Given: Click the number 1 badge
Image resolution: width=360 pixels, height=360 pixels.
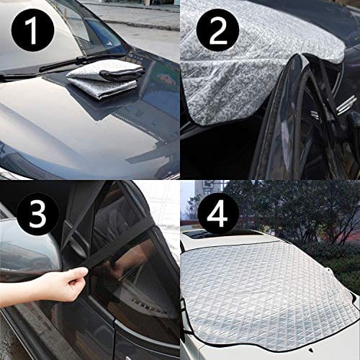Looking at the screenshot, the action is [x=32, y=30].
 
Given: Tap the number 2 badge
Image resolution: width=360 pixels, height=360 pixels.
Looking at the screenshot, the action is [x=217, y=30].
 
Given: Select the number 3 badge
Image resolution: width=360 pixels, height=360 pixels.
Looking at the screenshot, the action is [x=37, y=214].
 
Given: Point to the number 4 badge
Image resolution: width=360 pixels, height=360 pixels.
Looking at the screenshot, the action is [x=217, y=214].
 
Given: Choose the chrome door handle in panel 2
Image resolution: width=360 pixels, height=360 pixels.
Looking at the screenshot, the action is [x=346, y=104].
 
